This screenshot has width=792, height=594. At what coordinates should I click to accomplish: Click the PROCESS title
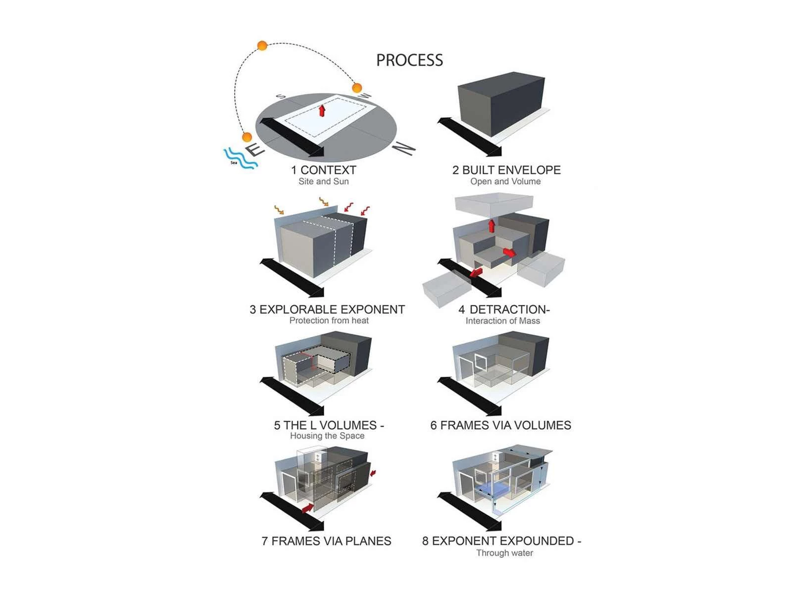409,60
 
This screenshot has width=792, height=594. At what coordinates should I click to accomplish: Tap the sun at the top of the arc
262,46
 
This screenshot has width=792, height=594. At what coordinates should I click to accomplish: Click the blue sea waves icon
240,159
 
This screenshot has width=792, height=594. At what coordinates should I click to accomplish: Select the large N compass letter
403,148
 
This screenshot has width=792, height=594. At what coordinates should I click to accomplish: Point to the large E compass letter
255,149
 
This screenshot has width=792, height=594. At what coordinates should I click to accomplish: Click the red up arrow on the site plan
322,110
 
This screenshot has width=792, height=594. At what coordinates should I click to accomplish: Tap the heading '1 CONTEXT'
324,170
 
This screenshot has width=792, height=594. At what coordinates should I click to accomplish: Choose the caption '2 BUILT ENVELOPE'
506,170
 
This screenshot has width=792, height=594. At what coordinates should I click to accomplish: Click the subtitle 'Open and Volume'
505,181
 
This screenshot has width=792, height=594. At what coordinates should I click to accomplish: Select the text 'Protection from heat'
329,320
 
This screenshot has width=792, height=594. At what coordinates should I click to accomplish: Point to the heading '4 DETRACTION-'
504,309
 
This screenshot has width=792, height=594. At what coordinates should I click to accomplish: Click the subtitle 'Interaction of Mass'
502,321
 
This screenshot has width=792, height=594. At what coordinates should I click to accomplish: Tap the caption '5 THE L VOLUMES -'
329,425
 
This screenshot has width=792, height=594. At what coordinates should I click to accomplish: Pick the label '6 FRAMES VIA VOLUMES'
500,425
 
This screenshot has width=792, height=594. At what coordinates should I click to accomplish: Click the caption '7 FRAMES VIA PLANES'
326,541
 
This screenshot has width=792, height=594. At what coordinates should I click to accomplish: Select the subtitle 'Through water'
504,553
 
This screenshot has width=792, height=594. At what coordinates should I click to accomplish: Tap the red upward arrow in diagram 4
491,225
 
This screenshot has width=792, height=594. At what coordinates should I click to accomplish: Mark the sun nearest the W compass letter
357,88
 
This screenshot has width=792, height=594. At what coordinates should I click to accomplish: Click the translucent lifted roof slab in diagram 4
494,204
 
